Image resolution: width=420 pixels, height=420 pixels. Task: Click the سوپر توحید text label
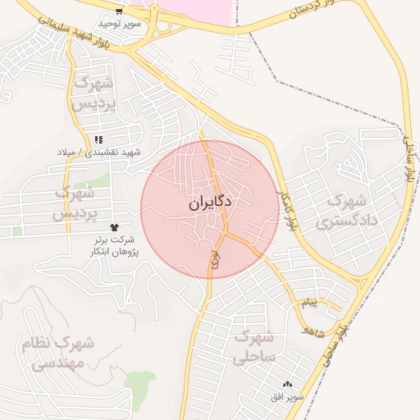coord(121,25)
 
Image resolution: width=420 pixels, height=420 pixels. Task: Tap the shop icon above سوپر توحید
coord(120,12)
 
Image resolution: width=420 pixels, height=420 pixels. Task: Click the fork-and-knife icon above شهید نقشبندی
coord(98,140)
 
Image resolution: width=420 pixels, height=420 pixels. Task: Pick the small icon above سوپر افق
coord(287,385)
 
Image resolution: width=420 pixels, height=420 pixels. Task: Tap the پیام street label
coord(308,303)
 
